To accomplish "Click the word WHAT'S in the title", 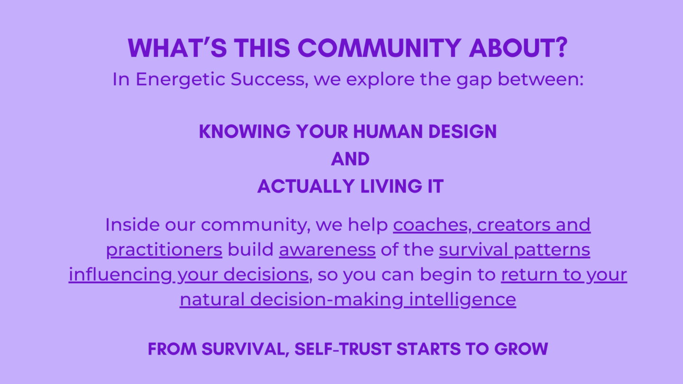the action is coord(177,48).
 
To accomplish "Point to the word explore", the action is coord(380,80).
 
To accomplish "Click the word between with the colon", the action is coord(541,79).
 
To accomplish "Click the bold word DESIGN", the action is coord(462,132).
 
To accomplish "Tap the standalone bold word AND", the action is coord(351,159).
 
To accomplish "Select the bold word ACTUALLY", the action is coord(306,186).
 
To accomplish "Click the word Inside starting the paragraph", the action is coord(132,225).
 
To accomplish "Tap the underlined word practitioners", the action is coord(164,250).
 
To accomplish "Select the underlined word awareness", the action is coord(327,250).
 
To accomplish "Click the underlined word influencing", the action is coord(120,275).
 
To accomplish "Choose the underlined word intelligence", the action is coord(462,300).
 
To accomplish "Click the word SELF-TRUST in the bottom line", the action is coord(343,349).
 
